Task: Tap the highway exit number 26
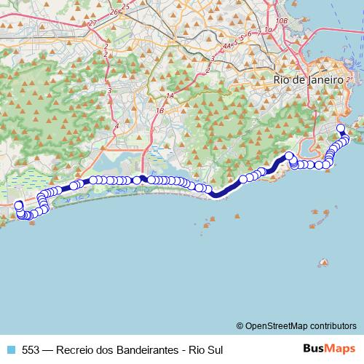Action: pos(113,12)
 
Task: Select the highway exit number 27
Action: pos(92,23)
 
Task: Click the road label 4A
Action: pos(228,45)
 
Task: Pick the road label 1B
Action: pos(159,110)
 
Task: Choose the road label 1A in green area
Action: pos(170,96)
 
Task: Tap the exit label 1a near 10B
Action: pos(268,29)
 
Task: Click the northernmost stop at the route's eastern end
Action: pos(340,128)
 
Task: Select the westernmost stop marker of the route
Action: pos(18,206)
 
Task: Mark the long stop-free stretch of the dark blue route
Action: pos(226,190)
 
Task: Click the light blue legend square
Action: pos(10,349)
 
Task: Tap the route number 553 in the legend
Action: pos(31,349)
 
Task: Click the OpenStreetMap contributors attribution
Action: pos(296,325)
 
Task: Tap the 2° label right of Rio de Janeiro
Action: pos(349,78)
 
